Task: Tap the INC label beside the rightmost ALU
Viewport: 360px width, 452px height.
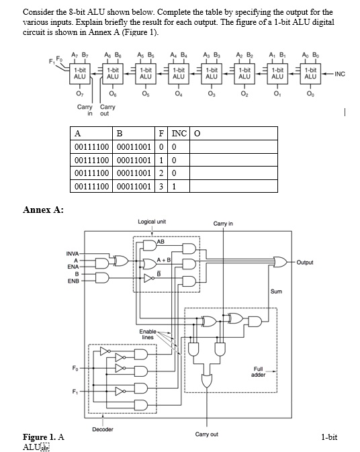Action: (x=339, y=74)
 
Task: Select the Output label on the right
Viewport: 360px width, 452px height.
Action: (x=306, y=263)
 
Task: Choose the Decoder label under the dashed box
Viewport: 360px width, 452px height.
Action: (x=102, y=429)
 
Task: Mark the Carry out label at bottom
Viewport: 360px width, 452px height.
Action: (x=206, y=435)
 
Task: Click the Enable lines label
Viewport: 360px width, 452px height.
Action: (x=148, y=334)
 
